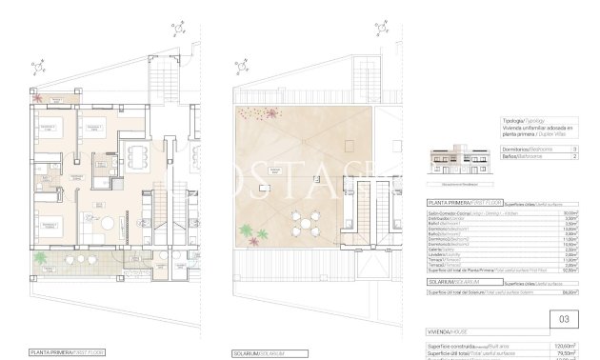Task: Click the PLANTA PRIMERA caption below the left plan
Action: pos(66,352)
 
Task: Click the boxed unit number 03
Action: pos(563,319)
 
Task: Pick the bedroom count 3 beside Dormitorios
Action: pos(574,150)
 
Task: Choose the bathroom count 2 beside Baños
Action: pos(574,156)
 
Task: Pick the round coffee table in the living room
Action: pos(108,226)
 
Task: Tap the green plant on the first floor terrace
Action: pos(40,258)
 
